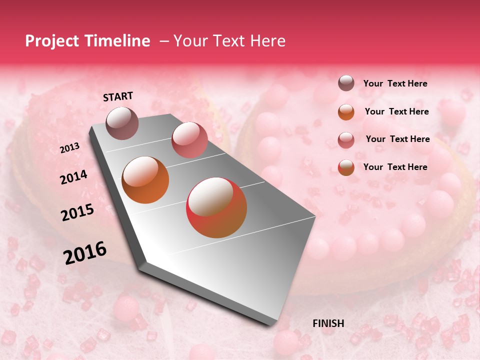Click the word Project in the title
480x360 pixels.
(50, 41)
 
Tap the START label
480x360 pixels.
(118, 96)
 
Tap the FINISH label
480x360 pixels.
(328, 323)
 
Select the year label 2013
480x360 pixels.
(69, 148)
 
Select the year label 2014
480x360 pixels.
(73, 177)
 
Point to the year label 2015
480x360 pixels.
(77, 212)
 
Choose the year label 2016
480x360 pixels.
(85, 253)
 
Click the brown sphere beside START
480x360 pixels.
(122, 123)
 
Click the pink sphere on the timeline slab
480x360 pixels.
(189, 139)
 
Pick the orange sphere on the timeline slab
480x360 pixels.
(145, 180)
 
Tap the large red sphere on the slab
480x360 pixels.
(216, 207)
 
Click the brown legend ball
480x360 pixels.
(346, 83)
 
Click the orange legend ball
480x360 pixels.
(346, 111)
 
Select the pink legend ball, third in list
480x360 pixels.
(346, 139)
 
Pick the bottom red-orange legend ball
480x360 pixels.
(346, 167)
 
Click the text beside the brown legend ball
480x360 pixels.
(395, 83)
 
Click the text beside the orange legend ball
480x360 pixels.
(396, 111)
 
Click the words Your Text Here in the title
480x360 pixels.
(229, 41)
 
